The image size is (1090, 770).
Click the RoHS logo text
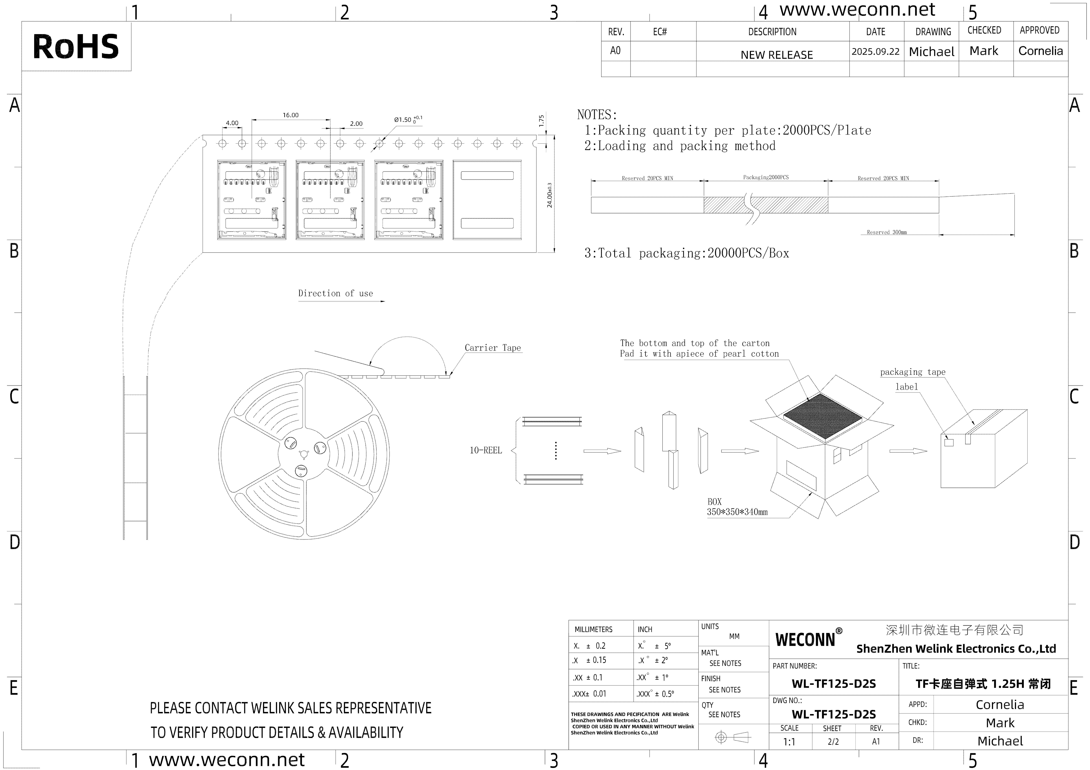pyautogui.click(x=76, y=47)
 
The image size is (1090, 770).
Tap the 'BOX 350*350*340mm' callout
pyautogui.click(x=737, y=507)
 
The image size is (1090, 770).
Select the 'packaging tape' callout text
pyautogui.click(x=912, y=372)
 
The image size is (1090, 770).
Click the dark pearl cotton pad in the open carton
pyautogui.click(x=822, y=416)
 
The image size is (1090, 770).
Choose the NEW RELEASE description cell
pyautogui.click(x=777, y=54)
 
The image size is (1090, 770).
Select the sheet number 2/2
pyautogui.click(x=833, y=742)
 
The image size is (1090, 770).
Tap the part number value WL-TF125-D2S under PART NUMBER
pyautogui.click(x=834, y=684)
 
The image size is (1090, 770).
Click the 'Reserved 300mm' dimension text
pyautogui.click(x=886, y=233)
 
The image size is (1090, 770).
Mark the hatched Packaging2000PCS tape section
pyautogui.click(x=765, y=205)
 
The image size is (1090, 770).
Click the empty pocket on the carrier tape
pyautogui.click(x=487, y=200)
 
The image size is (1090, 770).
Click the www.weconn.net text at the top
pyautogui.click(x=857, y=10)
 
